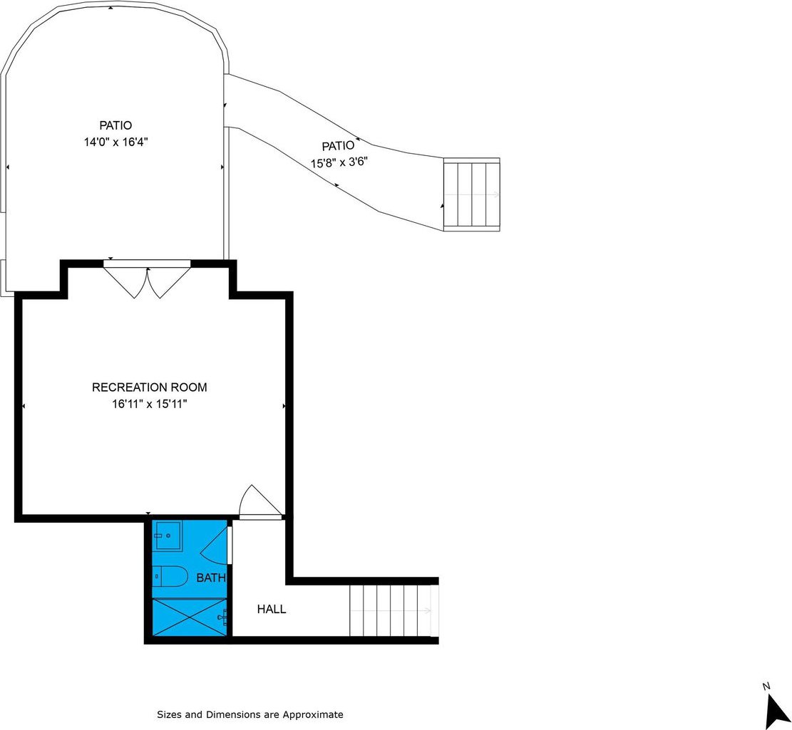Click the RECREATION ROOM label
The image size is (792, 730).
[150, 387]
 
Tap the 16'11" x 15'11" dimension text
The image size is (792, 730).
[150, 404]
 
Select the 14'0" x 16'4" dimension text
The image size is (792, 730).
[115, 142]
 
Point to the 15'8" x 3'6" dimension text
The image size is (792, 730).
[339, 163]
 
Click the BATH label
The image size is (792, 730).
[210, 578]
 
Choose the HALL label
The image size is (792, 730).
[272, 610]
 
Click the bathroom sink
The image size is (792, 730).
[168, 536]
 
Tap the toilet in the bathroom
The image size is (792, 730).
[170, 575]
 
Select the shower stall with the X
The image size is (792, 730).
[190, 617]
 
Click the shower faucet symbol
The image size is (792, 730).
[222, 617]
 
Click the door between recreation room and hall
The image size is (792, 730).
[259, 503]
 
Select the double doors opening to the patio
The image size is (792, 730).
[147, 279]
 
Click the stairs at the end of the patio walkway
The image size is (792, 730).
[472, 194]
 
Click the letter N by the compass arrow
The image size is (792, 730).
[766, 686]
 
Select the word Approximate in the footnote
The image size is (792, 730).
[313, 714]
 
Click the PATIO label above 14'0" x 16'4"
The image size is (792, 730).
[115, 125]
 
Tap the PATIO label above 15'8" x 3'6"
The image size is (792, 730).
[339, 146]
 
